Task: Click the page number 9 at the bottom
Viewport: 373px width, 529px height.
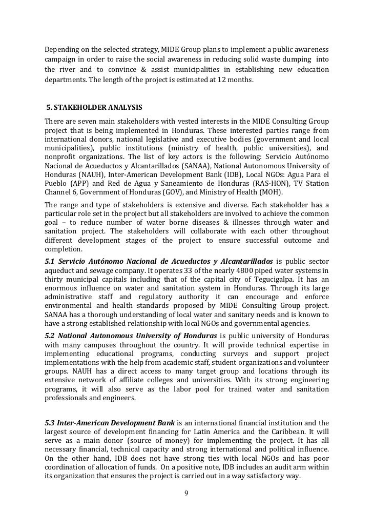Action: pos(186,493)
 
